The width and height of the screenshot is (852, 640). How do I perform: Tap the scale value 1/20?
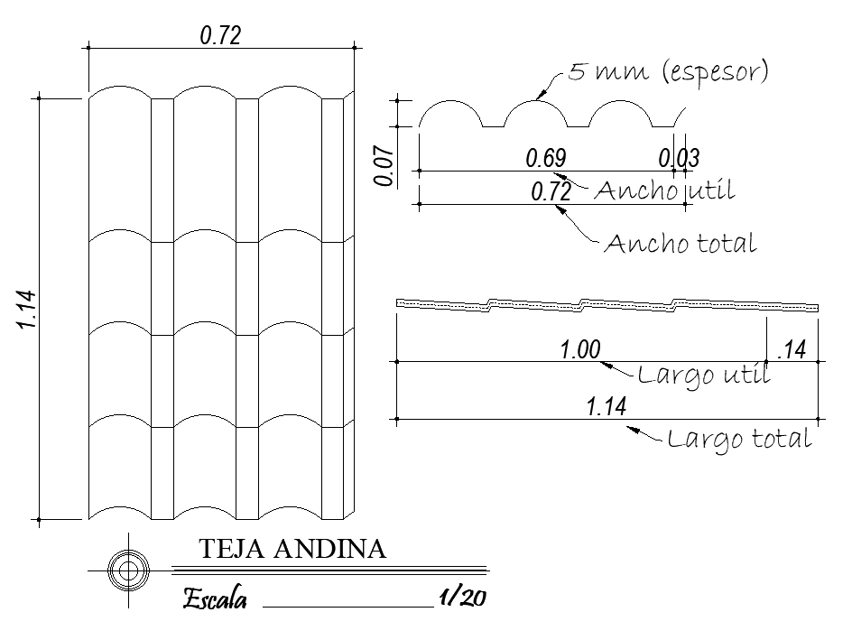point(461,597)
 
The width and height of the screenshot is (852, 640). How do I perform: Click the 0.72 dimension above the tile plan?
point(221,35)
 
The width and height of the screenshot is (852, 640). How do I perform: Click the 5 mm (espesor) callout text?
point(668,72)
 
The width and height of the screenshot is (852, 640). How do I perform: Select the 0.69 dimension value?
point(546,158)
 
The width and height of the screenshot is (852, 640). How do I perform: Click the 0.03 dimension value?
point(679,158)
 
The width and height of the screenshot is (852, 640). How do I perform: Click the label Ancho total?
point(680,243)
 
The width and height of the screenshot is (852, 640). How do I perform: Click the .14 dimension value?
point(790,350)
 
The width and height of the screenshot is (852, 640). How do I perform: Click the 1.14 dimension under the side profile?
point(606,407)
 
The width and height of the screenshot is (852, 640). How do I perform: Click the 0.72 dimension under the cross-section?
point(551,192)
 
